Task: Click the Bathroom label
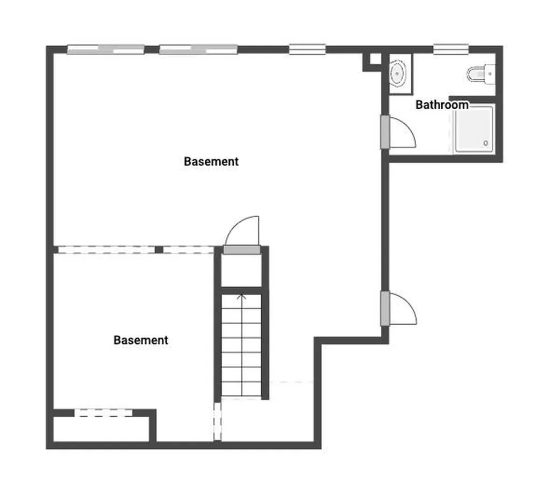coord(442,105)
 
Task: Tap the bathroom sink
coord(397,73)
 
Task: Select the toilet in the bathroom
coord(479,73)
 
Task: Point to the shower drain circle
coord(486,143)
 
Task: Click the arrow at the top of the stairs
coord(242,296)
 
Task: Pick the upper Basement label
coord(211,161)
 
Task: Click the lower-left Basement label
coord(141,340)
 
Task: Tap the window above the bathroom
coord(451,49)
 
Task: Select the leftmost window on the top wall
coord(106,49)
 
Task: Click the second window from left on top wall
coord(198,49)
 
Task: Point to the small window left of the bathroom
coord(307,49)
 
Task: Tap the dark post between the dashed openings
coord(159,250)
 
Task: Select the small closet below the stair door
coord(242,271)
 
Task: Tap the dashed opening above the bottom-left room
coord(103,412)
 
